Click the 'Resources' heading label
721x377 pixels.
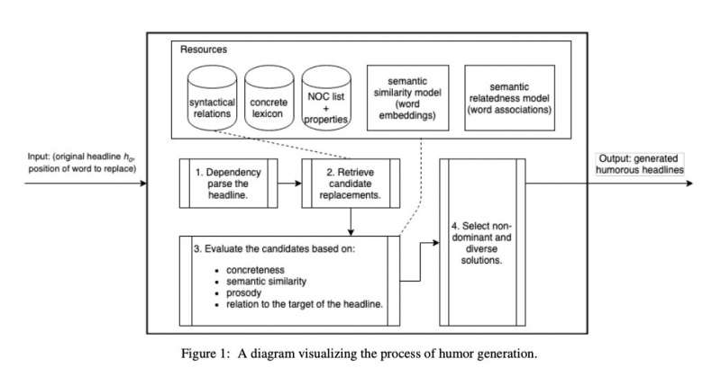point(203,49)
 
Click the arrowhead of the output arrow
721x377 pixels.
point(689,184)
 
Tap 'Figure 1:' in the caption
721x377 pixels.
point(214,354)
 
